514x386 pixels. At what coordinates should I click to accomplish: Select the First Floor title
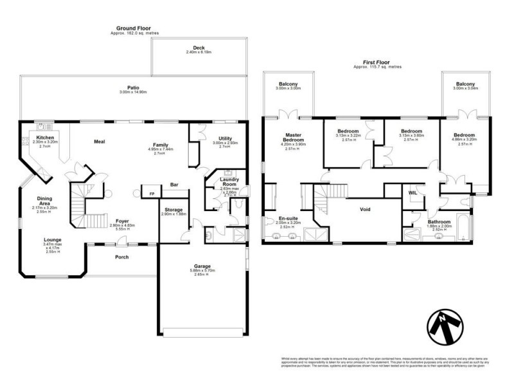[x=377, y=63]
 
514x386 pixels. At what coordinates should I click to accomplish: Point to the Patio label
[x=133, y=87]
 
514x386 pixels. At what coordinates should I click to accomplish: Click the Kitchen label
[x=45, y=138]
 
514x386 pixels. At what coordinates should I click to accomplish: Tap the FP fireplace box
[x=152, y=193]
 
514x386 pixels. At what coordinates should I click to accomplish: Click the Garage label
[x=202, y=265]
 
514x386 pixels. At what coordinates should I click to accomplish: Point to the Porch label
[x=121, y=257]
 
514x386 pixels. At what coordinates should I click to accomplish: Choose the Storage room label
[x=173, y=210]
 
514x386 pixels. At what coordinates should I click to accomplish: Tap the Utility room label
[x=225, y=138]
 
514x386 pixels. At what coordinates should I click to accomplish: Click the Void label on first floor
[x=365, y=209]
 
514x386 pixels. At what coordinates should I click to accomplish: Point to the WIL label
[x=413, y=192]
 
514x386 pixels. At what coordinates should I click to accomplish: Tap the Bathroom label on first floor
[x=439, y=222]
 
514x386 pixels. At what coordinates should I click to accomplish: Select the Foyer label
[x=122, y=221]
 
